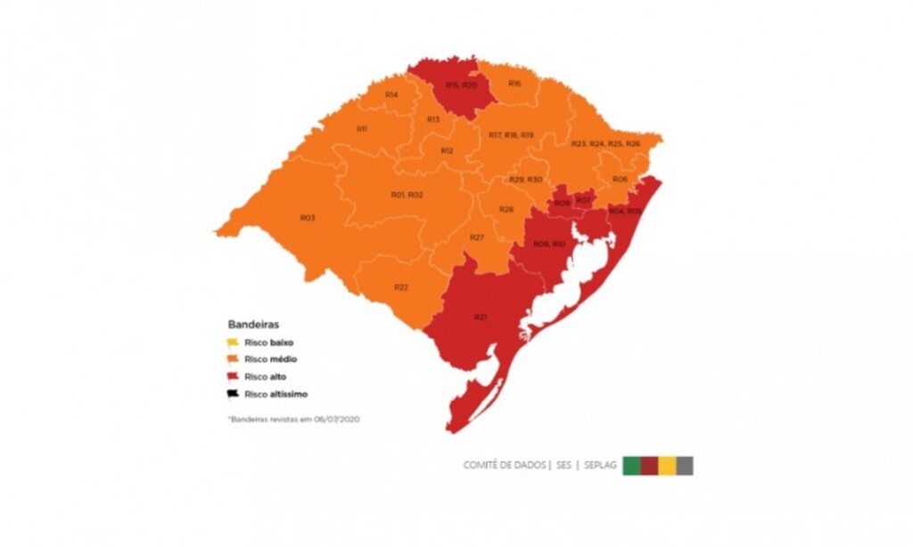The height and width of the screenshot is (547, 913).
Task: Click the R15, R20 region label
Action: [461, 85]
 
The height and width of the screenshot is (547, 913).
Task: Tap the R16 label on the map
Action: [514, 83]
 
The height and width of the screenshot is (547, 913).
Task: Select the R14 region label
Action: [391, 95]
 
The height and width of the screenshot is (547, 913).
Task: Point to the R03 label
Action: [307, 218]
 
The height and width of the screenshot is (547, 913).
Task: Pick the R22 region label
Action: [400, 287]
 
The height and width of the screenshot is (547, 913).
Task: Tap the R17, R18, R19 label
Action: [511, 135]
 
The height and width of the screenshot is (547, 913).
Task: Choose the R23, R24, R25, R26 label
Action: [606, 144]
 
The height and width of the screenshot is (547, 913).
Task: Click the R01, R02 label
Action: [407, 195]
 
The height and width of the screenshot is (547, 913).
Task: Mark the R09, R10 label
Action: [549, 244]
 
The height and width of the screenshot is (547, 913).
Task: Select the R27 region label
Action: [477, 237]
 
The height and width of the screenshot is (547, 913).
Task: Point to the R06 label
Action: [620, 179]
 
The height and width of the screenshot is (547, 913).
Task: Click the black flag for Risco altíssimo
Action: [233, 394]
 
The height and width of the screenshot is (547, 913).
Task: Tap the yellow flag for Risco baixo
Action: [233, 342]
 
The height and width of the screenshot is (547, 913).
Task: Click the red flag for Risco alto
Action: [233, 377]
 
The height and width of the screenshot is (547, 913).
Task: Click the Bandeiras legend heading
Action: [253, 325]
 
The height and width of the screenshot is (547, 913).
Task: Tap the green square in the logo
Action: [631, 465]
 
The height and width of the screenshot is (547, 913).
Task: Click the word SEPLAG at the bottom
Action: [601, 466]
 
